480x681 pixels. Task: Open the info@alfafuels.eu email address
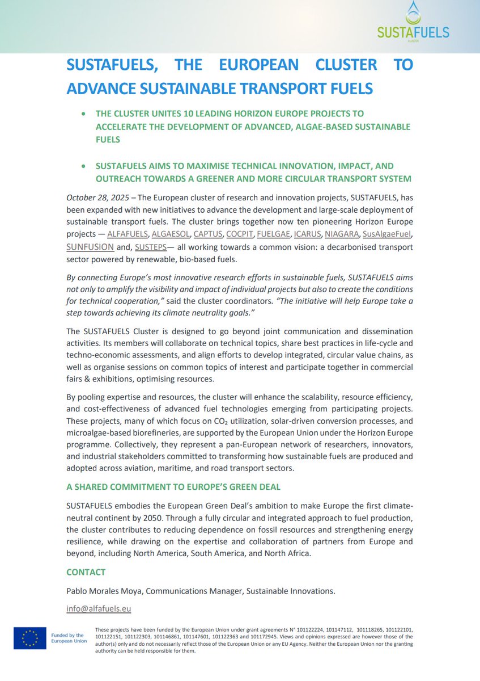click(x=99, y=609)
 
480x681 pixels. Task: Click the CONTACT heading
click(x=86, y=572)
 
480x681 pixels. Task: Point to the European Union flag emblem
click(x=30, y=638)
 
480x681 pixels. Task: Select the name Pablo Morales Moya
click(x=104, y=591)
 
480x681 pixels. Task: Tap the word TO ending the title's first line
click(x=403, y=65)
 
